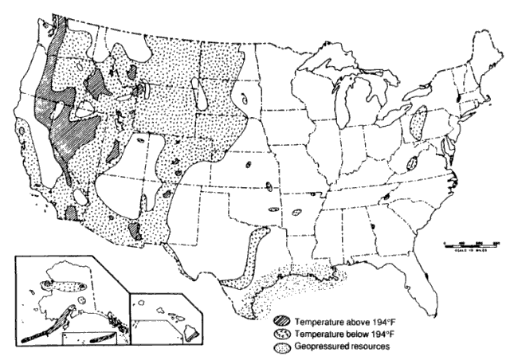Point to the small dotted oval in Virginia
(x=412, y=162)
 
